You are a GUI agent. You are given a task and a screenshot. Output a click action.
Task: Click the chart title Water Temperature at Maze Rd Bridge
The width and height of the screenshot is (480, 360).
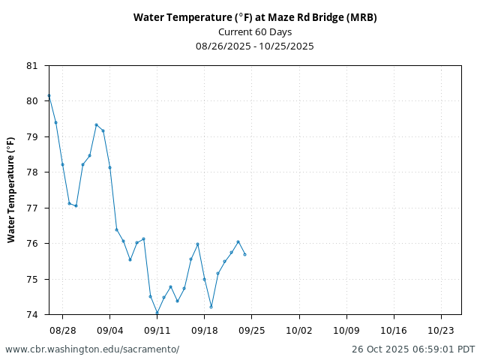pyautogui.click(x=255, y=17)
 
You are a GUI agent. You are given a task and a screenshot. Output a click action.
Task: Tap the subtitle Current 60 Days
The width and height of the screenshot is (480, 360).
pyautogui.click(x=255, y=31)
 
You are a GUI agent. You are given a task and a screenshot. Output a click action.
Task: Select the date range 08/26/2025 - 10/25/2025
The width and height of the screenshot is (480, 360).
pyautogui.click(x=255, y=46)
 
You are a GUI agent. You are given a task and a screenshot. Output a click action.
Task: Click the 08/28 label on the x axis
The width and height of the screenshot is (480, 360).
pyautogui.click(x=62, y=330)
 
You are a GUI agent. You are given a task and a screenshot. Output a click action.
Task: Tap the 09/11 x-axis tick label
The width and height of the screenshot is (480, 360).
pyautogui.click(x=157, y=330)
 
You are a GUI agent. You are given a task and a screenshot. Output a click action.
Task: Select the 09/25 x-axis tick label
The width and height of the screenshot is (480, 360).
pyautogui.click(x=251, y=330)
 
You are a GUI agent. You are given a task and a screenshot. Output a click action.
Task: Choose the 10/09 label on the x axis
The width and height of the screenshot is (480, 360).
pyautogui.click(x=346, y=330)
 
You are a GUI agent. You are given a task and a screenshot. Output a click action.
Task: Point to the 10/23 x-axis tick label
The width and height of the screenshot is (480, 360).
pyautogui.click(x=440, y=330)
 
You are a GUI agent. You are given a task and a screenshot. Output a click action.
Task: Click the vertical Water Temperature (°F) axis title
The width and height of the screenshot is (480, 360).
pyautogui.click(x=11, y=190)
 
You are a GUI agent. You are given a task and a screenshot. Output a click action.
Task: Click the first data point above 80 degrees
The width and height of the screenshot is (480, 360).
pyautogui.click(x=49, y=96)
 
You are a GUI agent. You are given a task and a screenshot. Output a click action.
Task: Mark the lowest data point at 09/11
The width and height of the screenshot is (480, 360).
pyautogui.click(x=157, y=313)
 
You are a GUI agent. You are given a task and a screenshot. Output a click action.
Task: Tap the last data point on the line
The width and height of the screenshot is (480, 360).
pyautogui.click(x=244, y=254)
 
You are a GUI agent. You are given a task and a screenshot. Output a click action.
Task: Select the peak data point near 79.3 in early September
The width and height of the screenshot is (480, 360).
pyautogui.click(x=96, y=124)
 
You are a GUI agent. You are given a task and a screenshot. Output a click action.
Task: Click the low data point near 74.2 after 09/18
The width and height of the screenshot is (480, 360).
pyautogui.click(x=211, y=307)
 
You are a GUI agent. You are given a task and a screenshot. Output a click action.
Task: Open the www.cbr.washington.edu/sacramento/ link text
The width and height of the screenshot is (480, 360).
pyautogui.click(x=92, y=349)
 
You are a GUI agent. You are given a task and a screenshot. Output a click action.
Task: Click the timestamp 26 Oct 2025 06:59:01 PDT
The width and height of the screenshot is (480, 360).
pyautogui.click(x=413, y=349)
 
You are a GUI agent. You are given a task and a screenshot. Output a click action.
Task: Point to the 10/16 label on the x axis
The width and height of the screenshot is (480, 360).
pyautogui.click(x=393, y=330)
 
